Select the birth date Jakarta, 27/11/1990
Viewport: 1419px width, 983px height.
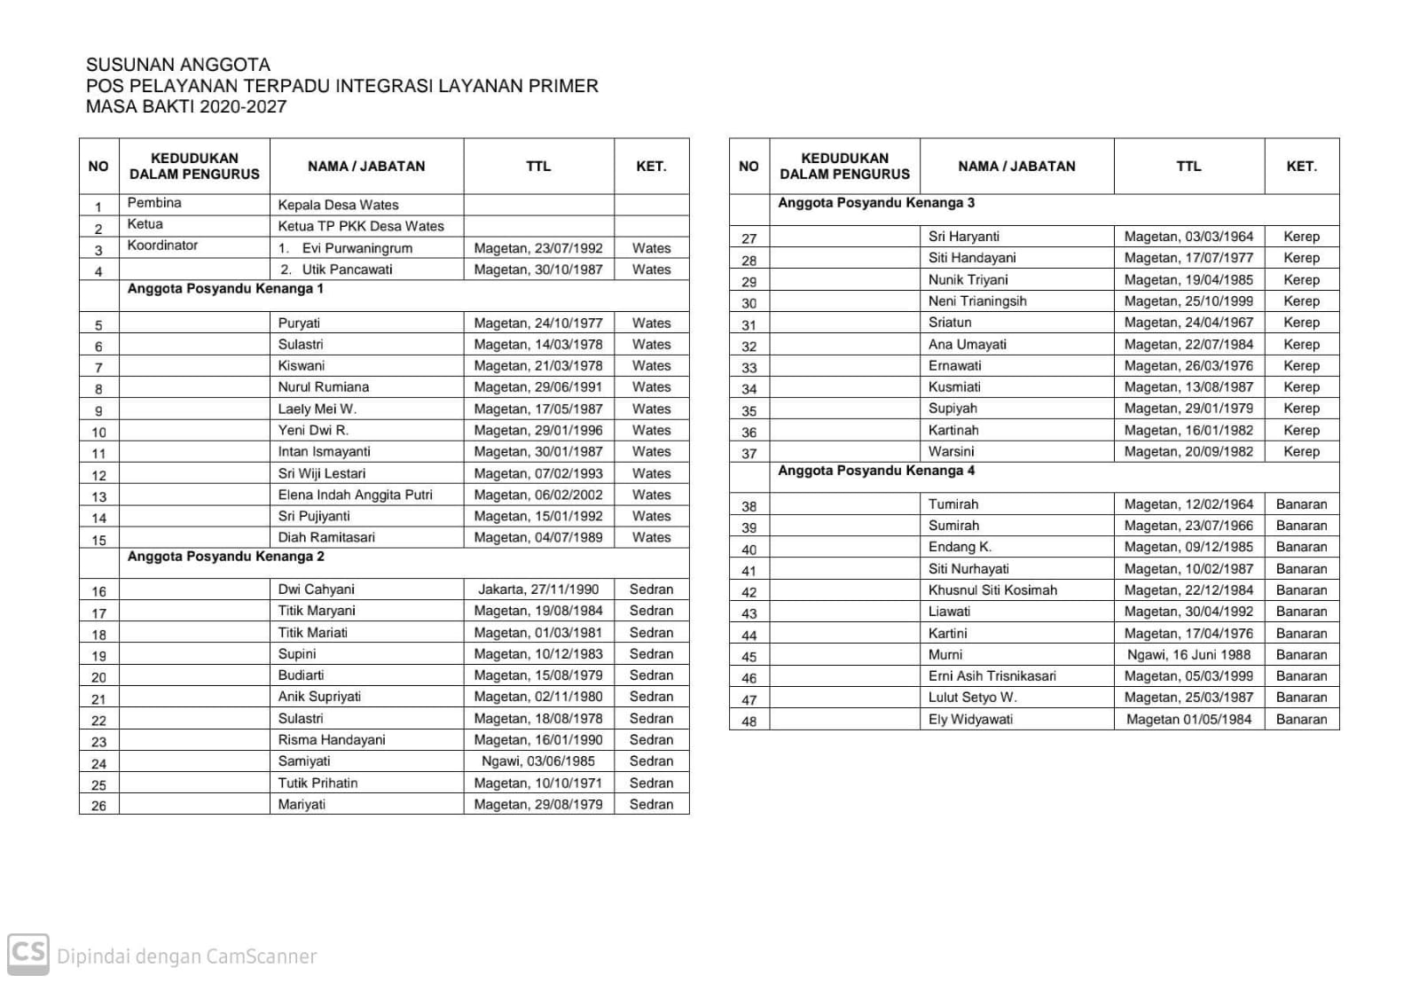(538, 589)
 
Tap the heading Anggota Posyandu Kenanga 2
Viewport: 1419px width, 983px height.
(225, 557)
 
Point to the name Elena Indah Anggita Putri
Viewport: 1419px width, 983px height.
(355, 495)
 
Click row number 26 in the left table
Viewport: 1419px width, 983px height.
(98, 806)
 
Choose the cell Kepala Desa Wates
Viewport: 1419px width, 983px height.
(338, 205)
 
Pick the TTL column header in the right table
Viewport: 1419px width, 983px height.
(1188, 166)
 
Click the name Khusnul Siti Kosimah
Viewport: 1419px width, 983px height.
(992, 590)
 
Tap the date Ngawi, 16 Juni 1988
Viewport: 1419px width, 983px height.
(1188, 655)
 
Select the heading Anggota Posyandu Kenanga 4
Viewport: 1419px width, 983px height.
(876, 471)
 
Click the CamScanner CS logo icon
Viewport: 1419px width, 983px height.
(27, 954)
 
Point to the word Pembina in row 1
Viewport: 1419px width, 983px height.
(154, 203)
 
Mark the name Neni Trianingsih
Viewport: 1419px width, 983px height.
(977, 301)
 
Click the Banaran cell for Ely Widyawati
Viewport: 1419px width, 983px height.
(1301, 720)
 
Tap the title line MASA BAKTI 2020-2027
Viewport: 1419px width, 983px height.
(186, 107)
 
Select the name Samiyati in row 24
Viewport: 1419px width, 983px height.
(304, 761)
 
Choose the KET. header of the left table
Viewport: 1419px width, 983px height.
(651, 166)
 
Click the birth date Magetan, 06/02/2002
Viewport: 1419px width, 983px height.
(538, 495)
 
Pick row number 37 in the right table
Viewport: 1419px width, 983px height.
(749, 454)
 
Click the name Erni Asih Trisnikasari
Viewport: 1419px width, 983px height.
(992, 676)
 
